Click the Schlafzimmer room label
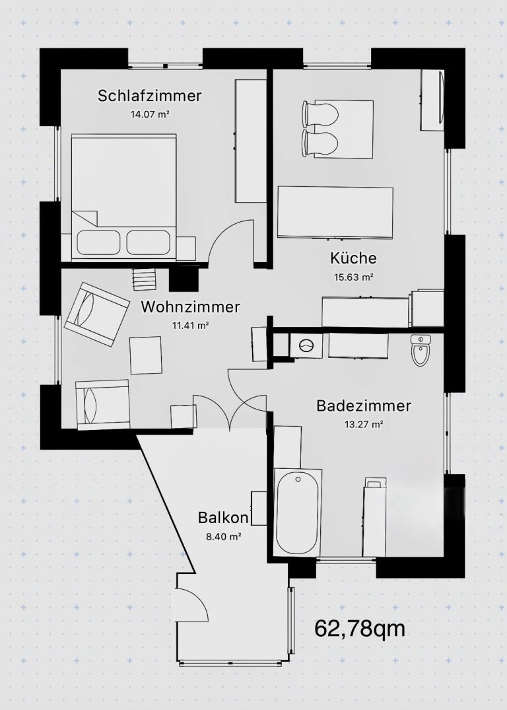(149, 96)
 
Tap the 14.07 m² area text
(150, 114)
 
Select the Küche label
(353, 258)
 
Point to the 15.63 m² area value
(354, 277)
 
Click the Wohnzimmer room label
(190, 306)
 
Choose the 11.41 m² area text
(189, 325)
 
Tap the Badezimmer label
(364, 406)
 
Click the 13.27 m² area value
(364, 424)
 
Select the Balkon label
(223, 518)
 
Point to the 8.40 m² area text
(223, 537)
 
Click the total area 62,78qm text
(359, 629)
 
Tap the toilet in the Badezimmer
(421, 350)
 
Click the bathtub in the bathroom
(298, 512)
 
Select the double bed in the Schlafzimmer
(123, 197)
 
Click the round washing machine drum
(306, 345)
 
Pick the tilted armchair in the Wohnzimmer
(97, 314)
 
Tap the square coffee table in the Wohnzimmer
(146, 355)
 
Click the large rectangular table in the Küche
(335, 212)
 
